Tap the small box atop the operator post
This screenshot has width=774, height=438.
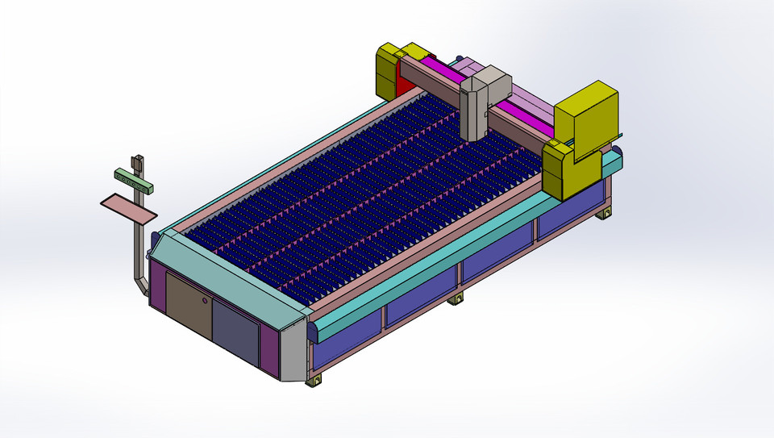pos(138,162)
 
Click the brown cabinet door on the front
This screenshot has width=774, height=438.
pos(189,306)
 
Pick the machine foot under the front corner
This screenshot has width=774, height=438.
pos(314,380)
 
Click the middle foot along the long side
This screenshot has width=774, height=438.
pos(456,300)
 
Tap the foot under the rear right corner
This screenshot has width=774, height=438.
pos(603,214)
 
